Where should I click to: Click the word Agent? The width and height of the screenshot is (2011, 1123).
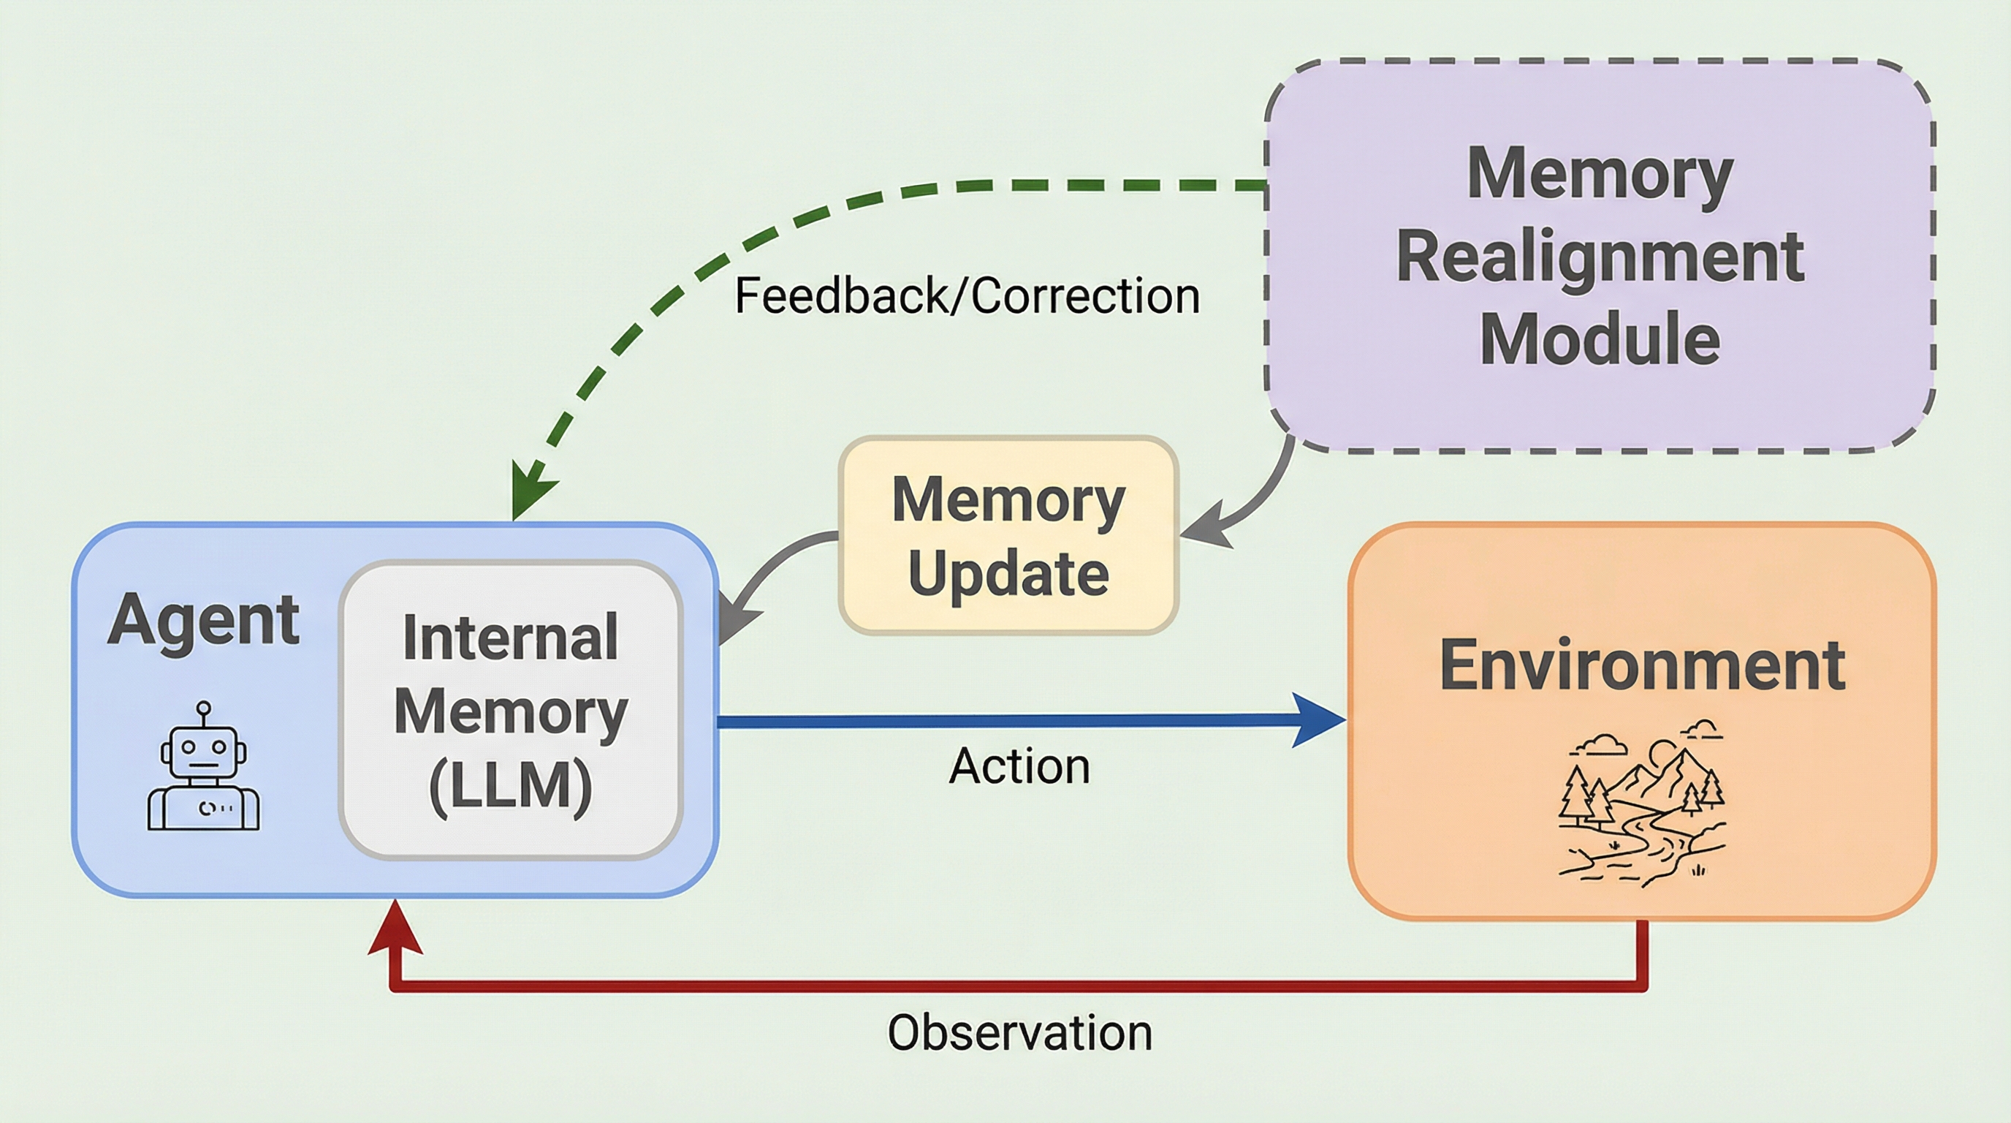[x=203, y=620]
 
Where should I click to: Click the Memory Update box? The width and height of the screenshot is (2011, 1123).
[x=1008, y=536]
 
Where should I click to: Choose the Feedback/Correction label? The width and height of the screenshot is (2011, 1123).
[x=967, y=296]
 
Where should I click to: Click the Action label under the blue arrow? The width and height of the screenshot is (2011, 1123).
[x=1019, y=766]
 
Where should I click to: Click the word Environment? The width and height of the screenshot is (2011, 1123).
[x=1642, y=665]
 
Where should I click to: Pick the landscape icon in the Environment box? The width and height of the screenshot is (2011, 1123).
[x=1642, y=804]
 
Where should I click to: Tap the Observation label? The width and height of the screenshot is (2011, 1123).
[x=1019, y=1033]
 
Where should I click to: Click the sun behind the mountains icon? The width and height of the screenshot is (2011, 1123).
[x=1661, y=754]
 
